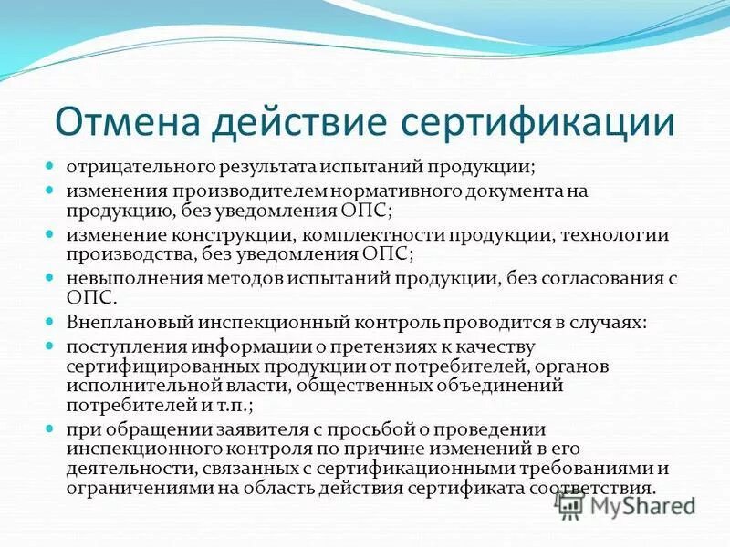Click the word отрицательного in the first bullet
click(138, 169)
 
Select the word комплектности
click(359, 235)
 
